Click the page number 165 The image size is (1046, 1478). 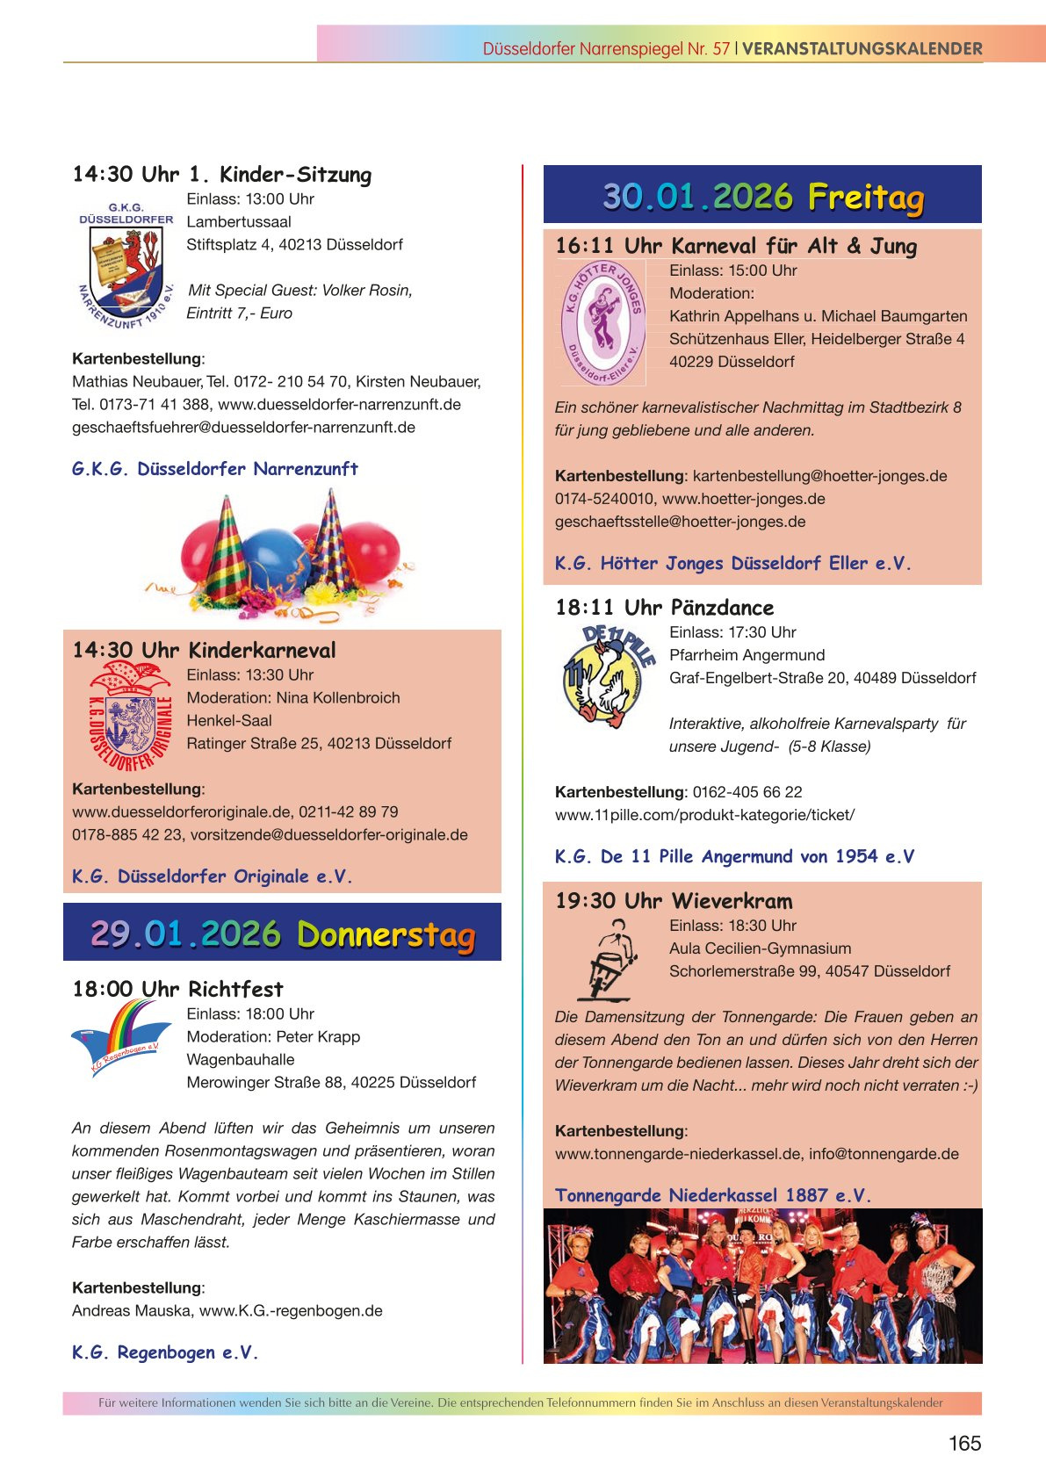coord(964,1443)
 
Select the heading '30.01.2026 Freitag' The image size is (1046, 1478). coord(762,196)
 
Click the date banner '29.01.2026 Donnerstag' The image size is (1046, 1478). coord(282,934)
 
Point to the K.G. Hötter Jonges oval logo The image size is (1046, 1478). coord(602,323)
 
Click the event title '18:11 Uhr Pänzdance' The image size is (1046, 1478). coord(664,608)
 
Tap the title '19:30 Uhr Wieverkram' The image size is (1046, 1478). coord(673,901)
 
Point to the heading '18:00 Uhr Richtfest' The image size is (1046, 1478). coord(177,990)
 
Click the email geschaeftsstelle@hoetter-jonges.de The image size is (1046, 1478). coord(680,522)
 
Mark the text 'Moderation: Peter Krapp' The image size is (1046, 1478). coord(273,1037)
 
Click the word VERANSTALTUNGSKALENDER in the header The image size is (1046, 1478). coord(862,49)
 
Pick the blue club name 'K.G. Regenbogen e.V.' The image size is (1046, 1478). coord(165,1352)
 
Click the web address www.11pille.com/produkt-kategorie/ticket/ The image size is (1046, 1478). coord(704,815)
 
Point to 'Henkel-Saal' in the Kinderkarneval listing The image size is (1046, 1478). coord(229,721)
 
